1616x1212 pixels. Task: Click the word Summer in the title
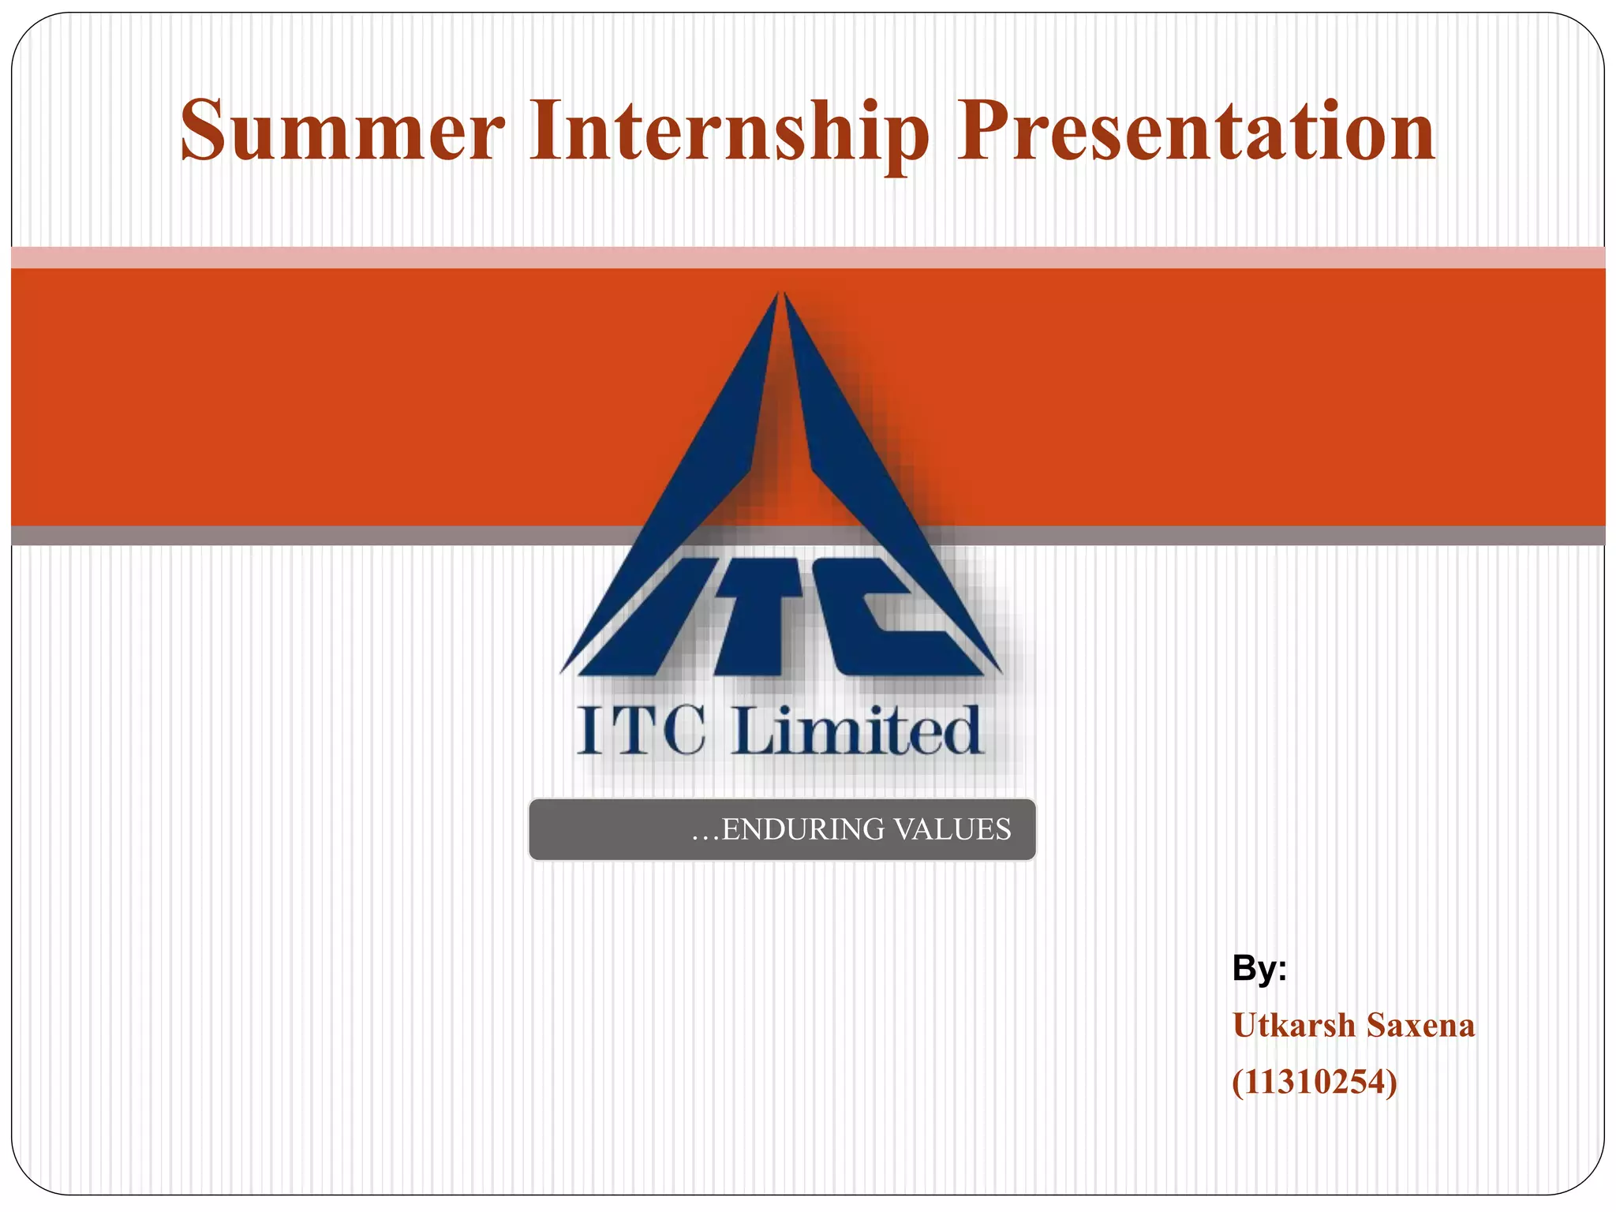[x=342, y=130]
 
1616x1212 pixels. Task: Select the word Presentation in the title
[x=1195, y=130]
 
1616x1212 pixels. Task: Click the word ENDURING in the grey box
[x=803, y=830]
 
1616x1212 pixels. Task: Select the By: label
[x=1259, y=968]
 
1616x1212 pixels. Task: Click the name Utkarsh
[x=1293, y=1026]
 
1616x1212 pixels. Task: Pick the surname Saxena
[x=1420, y=1026]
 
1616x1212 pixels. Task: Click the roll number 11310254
[x=1315, y=1082]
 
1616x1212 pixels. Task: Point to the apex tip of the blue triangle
[x=780, y=295]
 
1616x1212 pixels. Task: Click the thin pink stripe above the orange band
[x=316, y=257]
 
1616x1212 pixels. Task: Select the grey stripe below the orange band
[x=316, y=536]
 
